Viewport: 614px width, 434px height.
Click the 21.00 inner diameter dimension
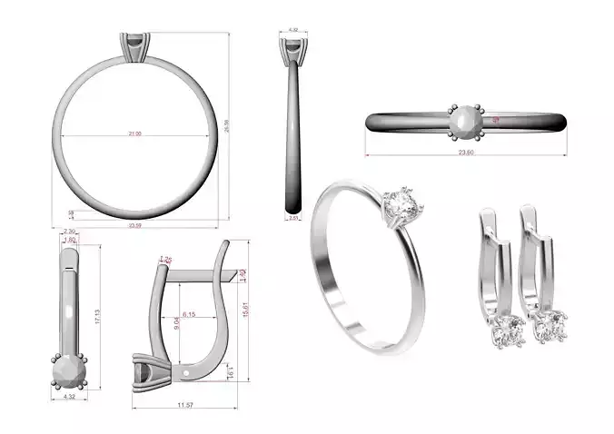tap(134, 133)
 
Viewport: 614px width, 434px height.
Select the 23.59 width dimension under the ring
tap(135, 225)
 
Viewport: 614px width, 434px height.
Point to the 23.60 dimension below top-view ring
tap(465, 153)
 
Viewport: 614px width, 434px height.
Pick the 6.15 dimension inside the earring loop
tap(190, 314)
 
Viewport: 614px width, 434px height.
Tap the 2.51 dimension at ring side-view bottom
tap(293, 218)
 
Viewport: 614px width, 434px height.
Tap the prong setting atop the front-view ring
tap(134, 45)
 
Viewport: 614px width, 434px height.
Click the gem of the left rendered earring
tap(505, 331)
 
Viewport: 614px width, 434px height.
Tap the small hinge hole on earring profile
tap(187, 370)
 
